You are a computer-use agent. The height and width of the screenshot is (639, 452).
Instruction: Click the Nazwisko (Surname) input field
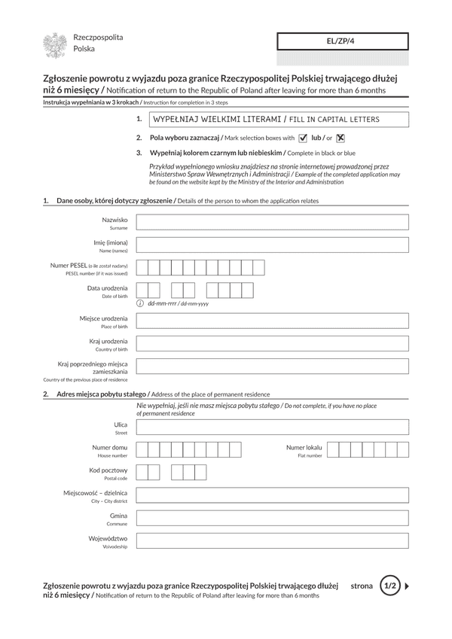272,222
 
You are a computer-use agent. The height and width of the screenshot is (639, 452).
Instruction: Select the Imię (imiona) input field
272,245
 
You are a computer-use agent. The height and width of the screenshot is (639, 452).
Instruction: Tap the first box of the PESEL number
142,268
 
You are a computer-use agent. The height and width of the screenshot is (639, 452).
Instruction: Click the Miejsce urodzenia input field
272,321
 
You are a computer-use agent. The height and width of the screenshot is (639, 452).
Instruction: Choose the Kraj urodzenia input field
272,344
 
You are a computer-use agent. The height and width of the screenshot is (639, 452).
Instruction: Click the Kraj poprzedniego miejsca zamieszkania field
272,367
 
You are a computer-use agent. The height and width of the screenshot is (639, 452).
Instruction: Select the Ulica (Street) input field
272,428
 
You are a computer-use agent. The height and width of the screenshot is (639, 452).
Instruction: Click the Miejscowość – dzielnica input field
272,495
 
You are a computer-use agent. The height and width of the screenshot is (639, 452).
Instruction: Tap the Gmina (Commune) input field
272,519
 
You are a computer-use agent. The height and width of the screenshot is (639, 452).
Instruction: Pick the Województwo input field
272,542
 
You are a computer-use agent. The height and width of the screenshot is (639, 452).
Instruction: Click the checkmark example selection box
303,138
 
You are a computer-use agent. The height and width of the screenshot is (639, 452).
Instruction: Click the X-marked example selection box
341,138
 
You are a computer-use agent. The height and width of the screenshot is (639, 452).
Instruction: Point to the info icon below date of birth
140,303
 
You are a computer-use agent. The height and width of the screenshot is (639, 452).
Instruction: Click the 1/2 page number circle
389,585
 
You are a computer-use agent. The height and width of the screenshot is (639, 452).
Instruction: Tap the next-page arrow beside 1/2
408,585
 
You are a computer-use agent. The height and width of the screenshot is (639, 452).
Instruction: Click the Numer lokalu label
304,448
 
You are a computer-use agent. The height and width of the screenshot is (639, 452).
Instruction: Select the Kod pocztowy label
108,470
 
